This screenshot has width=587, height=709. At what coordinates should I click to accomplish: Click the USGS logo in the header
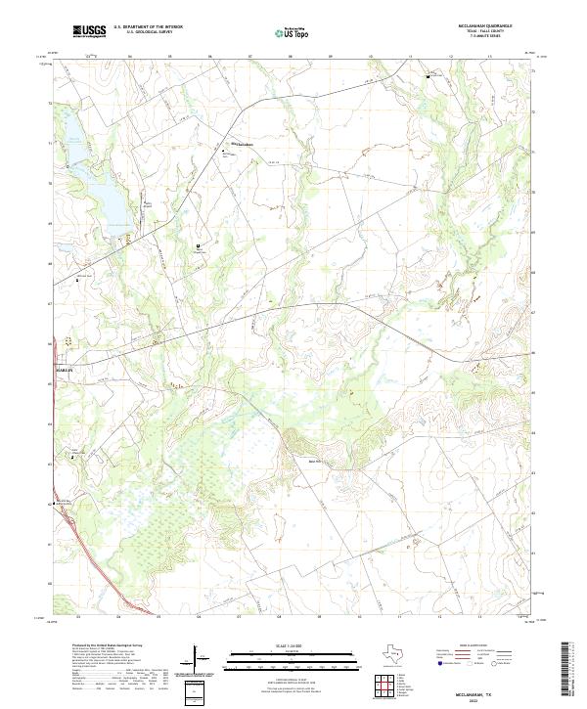click(x=90, y=31)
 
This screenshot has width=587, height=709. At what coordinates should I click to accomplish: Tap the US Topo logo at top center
click(x=290, y=33)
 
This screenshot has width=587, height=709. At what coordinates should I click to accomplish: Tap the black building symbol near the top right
click(x=427, y=75)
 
